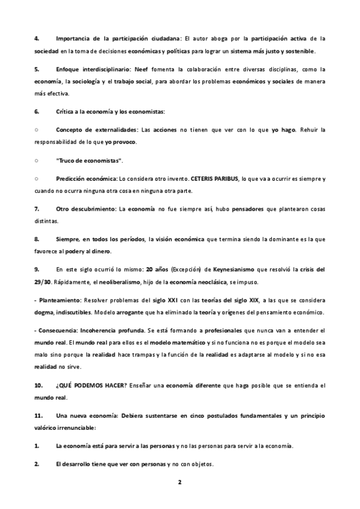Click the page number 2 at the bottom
click(179, 482)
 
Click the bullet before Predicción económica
click(37, 179)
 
